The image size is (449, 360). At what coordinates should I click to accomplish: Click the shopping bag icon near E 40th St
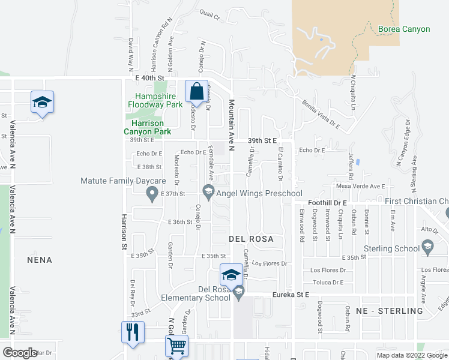pyautogui.click(x=196, y=92)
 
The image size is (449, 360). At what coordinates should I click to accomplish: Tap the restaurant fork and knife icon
pyautogui.click(x=133, y=332)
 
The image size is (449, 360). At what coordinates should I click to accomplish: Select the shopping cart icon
pyautogui.click(x=176, y=346)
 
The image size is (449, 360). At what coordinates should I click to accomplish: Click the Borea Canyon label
pyautogui.click(x=404, y=29)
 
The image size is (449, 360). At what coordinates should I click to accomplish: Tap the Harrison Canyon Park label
pyautogui.click(x=148, y=127)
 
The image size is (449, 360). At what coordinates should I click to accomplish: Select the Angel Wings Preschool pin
pyautogui.click(x=209, y=193)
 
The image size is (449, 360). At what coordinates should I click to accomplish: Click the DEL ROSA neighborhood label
pyautogui.click(x=251, y=239)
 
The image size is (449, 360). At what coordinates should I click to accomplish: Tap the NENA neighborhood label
pyautogui.click(x=40, y=260)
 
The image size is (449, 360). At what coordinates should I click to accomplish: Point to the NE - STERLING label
pyautogui.click(x=390, y=311)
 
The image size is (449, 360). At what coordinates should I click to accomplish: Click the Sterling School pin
pyautogui.click(x=427, y=245)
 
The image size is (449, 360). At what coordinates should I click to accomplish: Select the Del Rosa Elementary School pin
pyautogui.click(x=239, y=294)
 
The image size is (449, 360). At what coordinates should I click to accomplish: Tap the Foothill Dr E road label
pyautogui.click(x=328, y=203)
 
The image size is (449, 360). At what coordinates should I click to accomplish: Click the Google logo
pyautogui.click(x=19, y=353)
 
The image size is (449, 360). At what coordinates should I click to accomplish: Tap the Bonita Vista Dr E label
pyautogui.click(x=321, y=114)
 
